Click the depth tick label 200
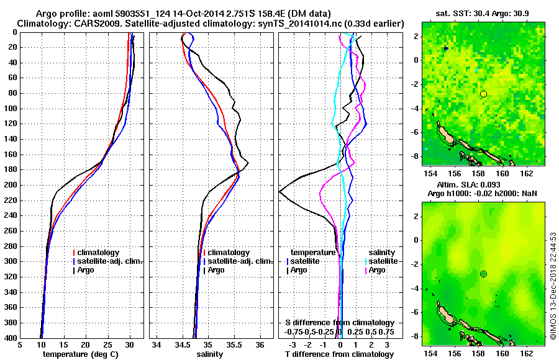click(10, 185)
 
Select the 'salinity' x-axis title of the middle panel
click(211, 354)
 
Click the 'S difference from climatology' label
click(340, 323)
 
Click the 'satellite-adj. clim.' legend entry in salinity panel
click(238, 261)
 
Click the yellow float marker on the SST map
click(483, 94)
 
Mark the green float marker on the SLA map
click(483, 274)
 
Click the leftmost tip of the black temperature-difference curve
click(279, 192)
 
